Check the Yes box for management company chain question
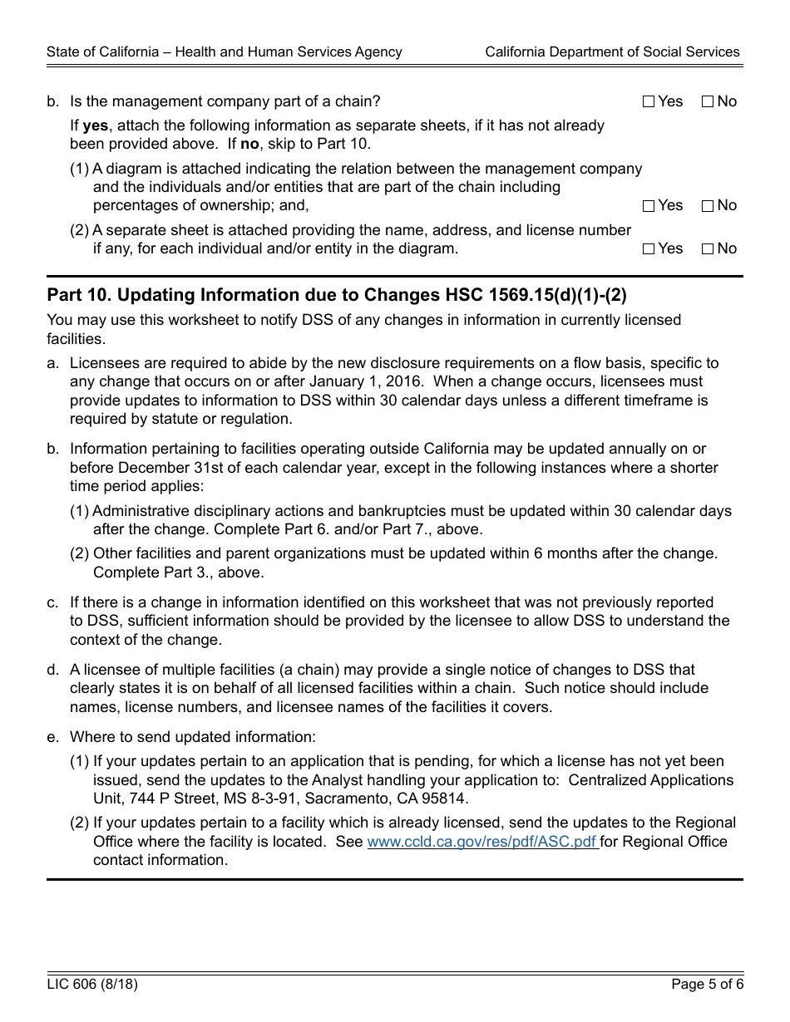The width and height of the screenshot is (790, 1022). click(x=649, y=102)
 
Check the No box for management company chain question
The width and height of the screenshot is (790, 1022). click(x=708, y=102)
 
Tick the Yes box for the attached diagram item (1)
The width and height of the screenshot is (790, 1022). click(x=649, y=206)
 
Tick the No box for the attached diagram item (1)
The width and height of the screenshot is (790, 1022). click(x=708, y=206)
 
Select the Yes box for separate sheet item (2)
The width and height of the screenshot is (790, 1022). click(x=649, y=249)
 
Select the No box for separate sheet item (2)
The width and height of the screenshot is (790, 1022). click(x=708, y=249)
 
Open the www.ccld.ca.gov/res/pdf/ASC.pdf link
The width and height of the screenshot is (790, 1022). click(x=481, y=842)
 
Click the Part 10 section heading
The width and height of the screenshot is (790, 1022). click(x=337, y=295)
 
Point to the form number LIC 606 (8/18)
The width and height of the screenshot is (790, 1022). click(x=92, y=985)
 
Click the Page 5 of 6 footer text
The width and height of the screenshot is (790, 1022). click(x=707, y=985)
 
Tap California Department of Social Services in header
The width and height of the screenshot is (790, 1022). click(x=612, y=52)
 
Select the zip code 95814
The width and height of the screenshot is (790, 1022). click(x=447, y=798)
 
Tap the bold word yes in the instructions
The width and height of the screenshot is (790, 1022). click(x=96, y=125)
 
